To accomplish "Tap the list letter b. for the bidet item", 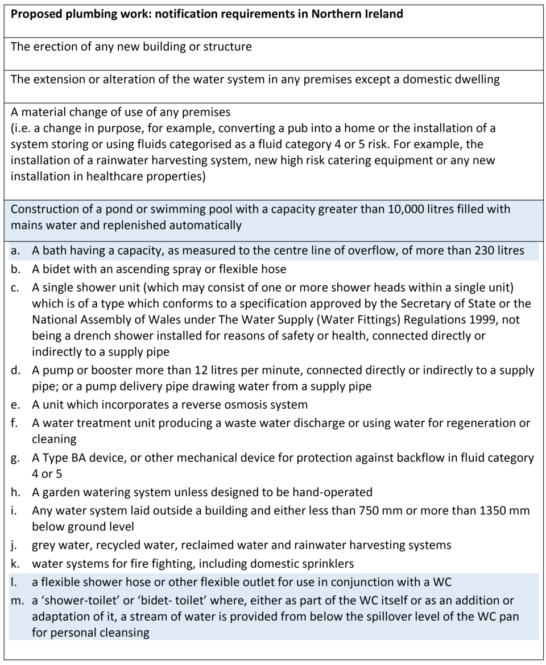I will [15, 269].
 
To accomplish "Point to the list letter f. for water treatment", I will [15, 423].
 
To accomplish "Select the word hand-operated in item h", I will [327, 492].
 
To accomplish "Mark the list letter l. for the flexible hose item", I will [15, 582].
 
